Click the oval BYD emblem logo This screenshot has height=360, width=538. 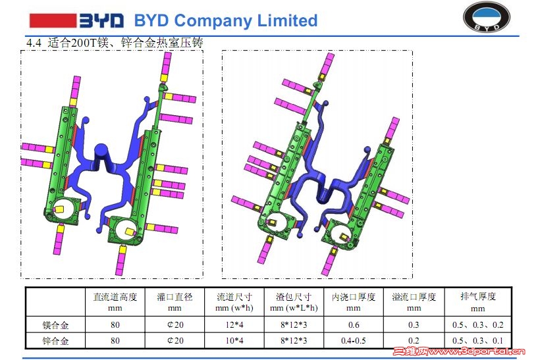[x=487, y=17]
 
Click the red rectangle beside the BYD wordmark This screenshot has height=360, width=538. [x=53, y=20]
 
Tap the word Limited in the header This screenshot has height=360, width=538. [x=288, y=20]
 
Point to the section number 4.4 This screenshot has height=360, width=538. [x=34, y=43]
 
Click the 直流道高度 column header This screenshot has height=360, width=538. [x=115, y=297]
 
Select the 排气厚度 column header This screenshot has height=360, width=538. [x=478, y=296]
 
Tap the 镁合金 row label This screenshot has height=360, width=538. [x=55, y=324]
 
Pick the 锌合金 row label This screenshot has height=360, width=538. [x=55, y=341]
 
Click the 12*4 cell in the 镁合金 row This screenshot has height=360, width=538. [x=234, y=324]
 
